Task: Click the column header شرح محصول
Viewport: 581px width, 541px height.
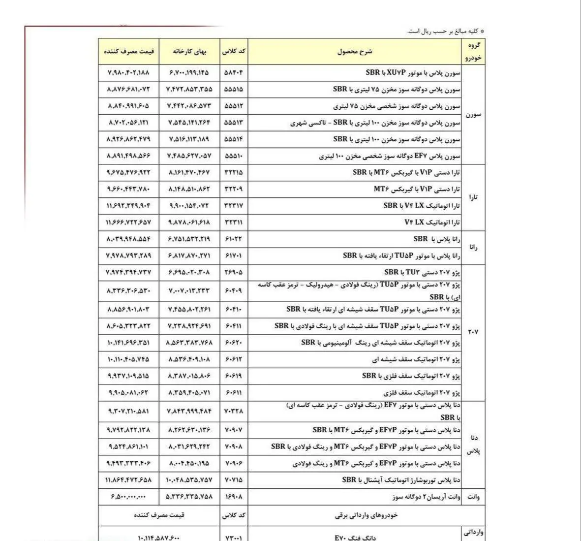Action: tap(355, 51)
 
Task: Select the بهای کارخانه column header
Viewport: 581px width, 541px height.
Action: tap(189, 51)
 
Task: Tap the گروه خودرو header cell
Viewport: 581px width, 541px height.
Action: tap(473, 51)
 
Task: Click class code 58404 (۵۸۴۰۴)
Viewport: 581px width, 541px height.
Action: tap(233, 72)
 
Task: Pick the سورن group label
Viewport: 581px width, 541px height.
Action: tap(473, 115)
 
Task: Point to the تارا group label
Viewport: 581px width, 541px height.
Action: tap(473, 197)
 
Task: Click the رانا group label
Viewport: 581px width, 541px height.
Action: tap(473, 248)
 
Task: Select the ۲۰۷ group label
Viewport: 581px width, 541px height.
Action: tap(473, 332)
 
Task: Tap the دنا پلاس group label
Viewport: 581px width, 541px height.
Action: tap(473, 444)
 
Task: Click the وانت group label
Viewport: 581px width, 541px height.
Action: tap(473, 497)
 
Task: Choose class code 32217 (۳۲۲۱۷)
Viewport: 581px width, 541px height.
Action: tap(233, 206)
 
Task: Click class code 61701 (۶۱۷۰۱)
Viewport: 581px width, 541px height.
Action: tap(233, 256)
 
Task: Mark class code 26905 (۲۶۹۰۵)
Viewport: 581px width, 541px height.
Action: tap(233, 272)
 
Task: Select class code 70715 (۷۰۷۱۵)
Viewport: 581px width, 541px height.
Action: tap(233, 479)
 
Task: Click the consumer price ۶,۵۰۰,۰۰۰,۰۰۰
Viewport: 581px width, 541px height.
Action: tap(129, 497)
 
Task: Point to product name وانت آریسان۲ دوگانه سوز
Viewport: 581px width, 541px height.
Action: tap(427, 497)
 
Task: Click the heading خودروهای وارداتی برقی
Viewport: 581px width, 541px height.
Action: tap(366, 515)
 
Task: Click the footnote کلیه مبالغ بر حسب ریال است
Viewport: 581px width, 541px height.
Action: tap(446, 32)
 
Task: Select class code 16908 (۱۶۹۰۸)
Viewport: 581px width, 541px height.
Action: tap(233, 497)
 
